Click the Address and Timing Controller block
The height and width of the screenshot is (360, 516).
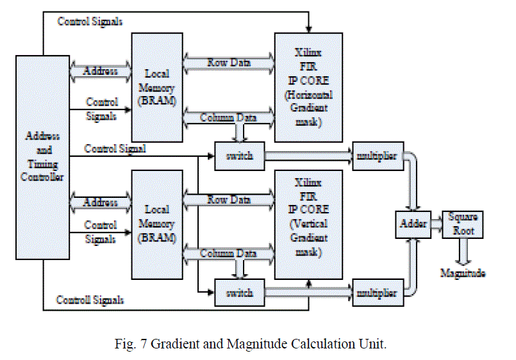[x=43, y=157]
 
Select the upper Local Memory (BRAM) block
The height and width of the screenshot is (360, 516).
[x=157, y=88]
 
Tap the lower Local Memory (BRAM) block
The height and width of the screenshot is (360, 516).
[x=157, y=224]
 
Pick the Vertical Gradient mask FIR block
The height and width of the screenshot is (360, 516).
[x=308, y=224]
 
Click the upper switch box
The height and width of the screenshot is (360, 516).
[x=240, y=156]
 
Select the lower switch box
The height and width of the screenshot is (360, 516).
[x=240, y=293]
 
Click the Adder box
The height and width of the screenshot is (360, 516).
[x=413, y=224]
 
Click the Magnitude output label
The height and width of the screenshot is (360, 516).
[x=462, y=274]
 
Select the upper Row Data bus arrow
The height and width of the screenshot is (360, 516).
[x=228, y=63]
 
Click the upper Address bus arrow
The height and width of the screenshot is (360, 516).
[x=101, y=70]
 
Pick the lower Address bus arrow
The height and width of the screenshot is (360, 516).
[x=101, y=202]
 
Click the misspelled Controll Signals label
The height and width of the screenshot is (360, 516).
[x=90, y=300]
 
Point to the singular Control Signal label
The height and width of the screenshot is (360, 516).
[x=115, y=149]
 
